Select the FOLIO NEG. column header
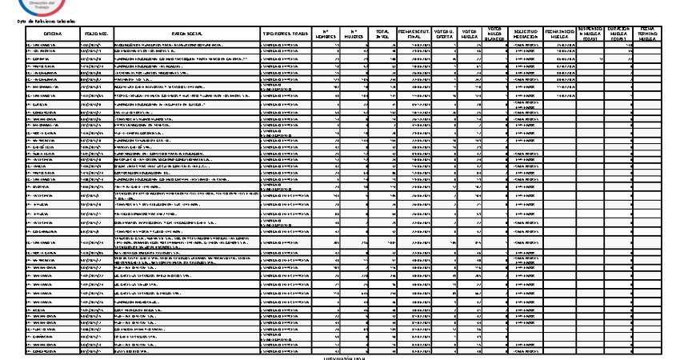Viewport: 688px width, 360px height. click(97, 34)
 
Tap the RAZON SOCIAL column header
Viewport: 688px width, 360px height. click(186, 34)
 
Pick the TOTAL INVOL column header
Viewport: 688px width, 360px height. click(382, 34)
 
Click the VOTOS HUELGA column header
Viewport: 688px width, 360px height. click(472, 34)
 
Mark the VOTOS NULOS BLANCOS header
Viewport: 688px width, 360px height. click(496, 34)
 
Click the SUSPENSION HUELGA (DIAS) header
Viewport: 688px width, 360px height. click(592, 34)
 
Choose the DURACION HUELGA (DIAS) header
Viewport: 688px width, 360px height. click(619, 34)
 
